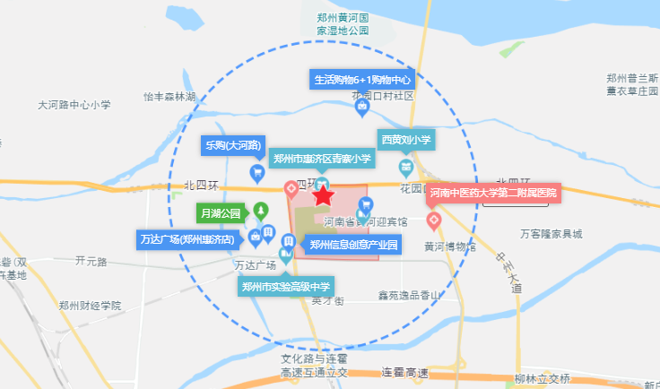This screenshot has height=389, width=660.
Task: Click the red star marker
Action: click(323, 195)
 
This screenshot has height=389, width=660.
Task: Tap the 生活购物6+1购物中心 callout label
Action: click(361, 80)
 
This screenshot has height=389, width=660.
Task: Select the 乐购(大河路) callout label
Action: click(232, 144)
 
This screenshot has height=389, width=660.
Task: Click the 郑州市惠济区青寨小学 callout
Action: click(322, 159)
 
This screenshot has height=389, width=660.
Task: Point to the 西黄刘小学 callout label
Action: click(405, 140)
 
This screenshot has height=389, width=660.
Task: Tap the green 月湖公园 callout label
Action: click(221, 213)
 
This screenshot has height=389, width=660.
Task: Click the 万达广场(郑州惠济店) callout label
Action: click(187, 239)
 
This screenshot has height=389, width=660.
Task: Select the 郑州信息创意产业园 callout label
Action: click(352, 244)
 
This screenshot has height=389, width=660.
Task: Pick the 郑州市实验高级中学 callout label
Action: click(286, 287)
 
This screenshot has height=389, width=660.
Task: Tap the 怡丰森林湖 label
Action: click(169, 96)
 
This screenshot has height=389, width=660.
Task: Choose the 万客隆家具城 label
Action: click(551, 234)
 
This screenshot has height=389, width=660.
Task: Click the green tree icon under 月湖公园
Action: click(261, 212)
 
